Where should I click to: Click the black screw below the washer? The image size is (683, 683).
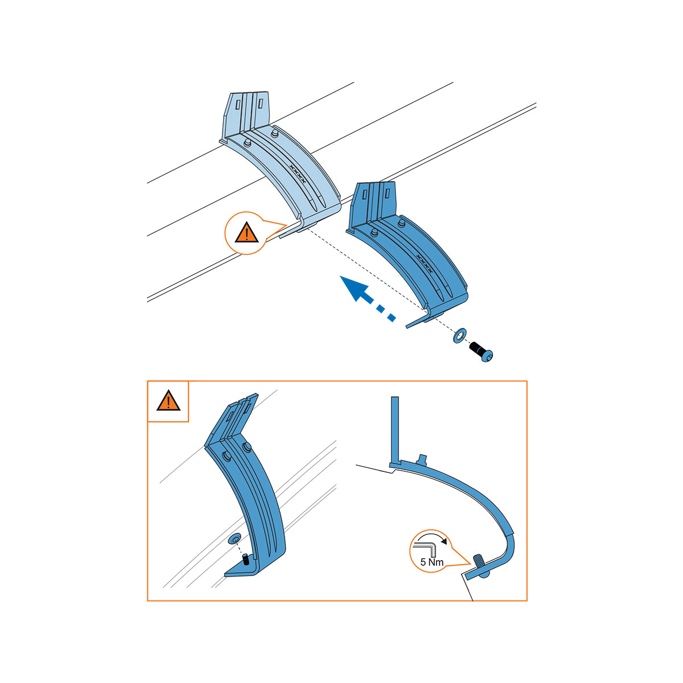point(481,352)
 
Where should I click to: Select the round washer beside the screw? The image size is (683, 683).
point(460,335)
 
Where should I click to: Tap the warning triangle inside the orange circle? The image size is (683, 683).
point(246,233)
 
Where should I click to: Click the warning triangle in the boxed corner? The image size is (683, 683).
point(168,401)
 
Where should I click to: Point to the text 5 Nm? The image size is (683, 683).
point(431,562)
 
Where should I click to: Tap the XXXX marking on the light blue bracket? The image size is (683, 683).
point(297,174)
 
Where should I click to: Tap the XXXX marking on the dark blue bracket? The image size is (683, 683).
point(424,264)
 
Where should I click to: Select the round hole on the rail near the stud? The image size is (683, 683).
point(234,540)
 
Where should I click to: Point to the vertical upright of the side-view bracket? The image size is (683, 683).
point(395,430)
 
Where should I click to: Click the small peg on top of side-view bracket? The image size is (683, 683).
point(422,458)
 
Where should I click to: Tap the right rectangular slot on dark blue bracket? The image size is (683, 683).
point(388,194)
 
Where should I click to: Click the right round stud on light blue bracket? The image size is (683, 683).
point(274,133)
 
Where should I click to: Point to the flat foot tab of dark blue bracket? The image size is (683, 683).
point(418,322)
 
